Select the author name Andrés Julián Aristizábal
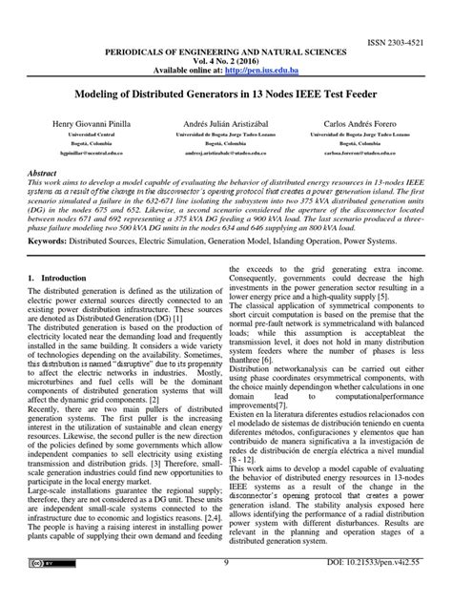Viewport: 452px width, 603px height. pyautogui.click(x=224, y=125)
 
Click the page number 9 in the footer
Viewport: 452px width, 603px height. pyautogui.click(x=226, y=590)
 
